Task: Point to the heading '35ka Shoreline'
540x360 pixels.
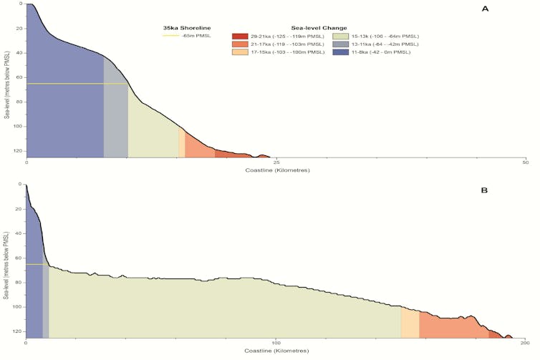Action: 185,28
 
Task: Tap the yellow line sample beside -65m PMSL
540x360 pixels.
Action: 171,36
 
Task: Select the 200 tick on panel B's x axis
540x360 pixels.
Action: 524,343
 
